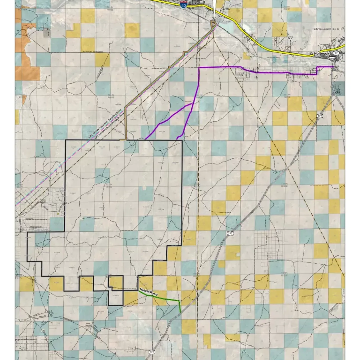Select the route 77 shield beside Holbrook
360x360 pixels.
click(336, 53)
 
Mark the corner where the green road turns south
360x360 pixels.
click(179, 301)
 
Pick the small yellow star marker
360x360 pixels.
click(58, 214)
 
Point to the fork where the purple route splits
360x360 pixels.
click(193, 103)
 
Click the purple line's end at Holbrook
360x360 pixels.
click(333, 67)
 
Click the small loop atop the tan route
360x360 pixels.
click(213, 24)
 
